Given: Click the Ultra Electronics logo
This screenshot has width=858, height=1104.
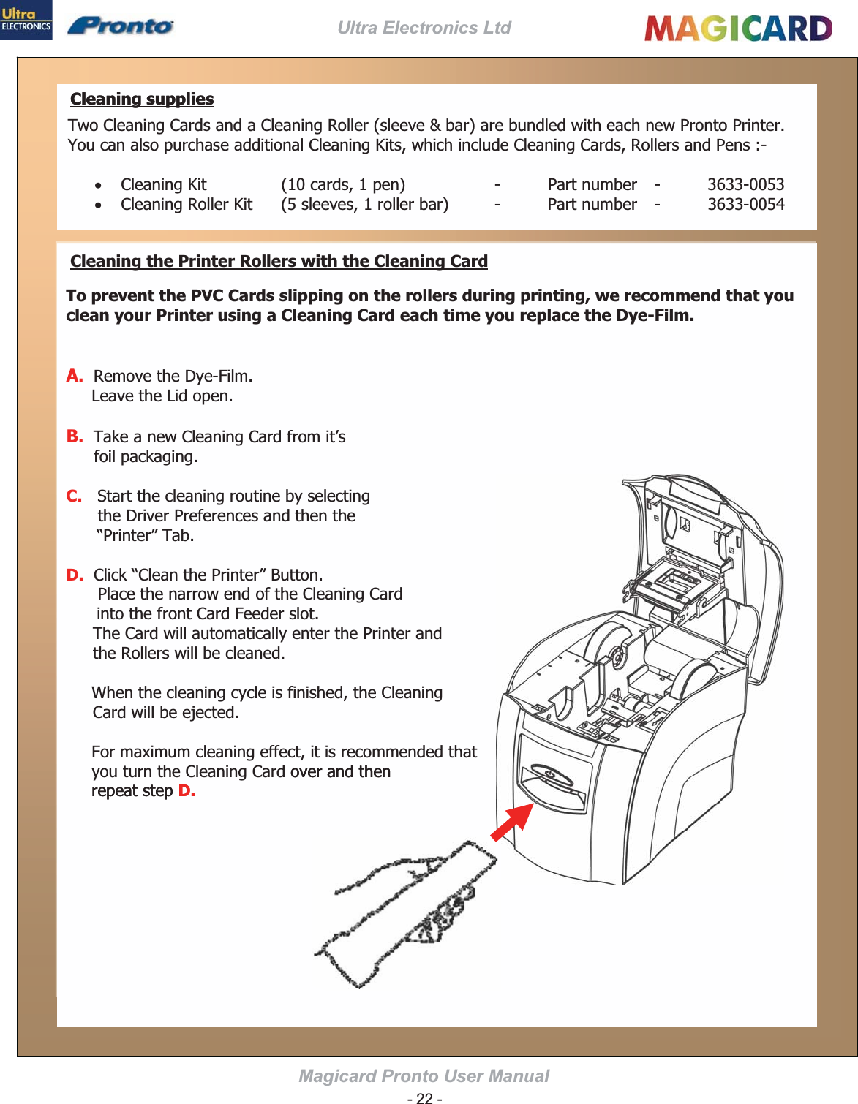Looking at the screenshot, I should click(x=26, y=20).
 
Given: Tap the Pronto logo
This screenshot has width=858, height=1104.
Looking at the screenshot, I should click(x=121, y=26).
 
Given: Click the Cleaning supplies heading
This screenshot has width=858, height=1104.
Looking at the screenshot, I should click(x=142, y=99).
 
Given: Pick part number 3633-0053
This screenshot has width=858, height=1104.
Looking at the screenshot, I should click(x=745, y=184).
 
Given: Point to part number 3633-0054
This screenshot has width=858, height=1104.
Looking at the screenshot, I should click(x=745, y=204).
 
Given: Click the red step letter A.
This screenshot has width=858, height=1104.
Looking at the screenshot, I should click(x=74, y=376).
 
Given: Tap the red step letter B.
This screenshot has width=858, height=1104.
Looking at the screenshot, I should click(x=75, y=436).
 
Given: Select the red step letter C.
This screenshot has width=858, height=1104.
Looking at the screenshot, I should click(x=74, y=496).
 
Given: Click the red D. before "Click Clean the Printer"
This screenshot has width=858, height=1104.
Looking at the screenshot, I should click(x=75, y=575).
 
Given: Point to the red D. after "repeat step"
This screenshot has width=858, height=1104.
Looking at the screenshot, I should click(x=187, y=791).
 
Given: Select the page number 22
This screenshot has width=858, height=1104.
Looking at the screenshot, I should click(x=424, y=1098).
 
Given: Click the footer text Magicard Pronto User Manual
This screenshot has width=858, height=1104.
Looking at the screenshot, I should click(x=424, y=1076).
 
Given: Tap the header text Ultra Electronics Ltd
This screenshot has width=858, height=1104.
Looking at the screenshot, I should click(x=424, y=28).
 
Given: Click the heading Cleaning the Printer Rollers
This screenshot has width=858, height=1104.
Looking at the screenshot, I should click(x=279, y=261).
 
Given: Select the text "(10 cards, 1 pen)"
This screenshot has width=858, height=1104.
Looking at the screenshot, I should click(x=343, y=184).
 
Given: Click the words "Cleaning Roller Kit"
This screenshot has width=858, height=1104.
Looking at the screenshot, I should click(x=187, y=204).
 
